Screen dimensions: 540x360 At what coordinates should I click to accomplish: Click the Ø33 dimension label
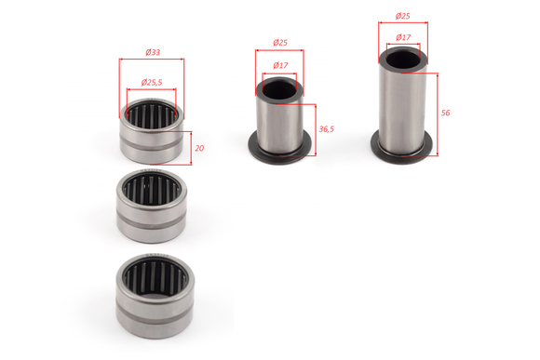(153, 52)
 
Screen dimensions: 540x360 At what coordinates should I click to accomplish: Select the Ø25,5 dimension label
(152, 82)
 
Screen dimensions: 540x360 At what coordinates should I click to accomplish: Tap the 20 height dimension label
(199, 148)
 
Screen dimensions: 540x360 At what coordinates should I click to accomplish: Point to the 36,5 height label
(326, 129)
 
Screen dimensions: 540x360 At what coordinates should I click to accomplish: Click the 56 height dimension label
(445, 113)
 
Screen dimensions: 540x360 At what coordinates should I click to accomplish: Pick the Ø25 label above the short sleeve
(280, 43)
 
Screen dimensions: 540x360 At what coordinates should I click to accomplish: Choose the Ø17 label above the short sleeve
(280, 65)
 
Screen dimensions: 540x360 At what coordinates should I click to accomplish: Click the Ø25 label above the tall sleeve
(402, 16)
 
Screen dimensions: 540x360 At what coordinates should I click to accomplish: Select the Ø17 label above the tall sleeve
(403, 37)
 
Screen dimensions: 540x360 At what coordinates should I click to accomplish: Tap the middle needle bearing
(152, 206)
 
